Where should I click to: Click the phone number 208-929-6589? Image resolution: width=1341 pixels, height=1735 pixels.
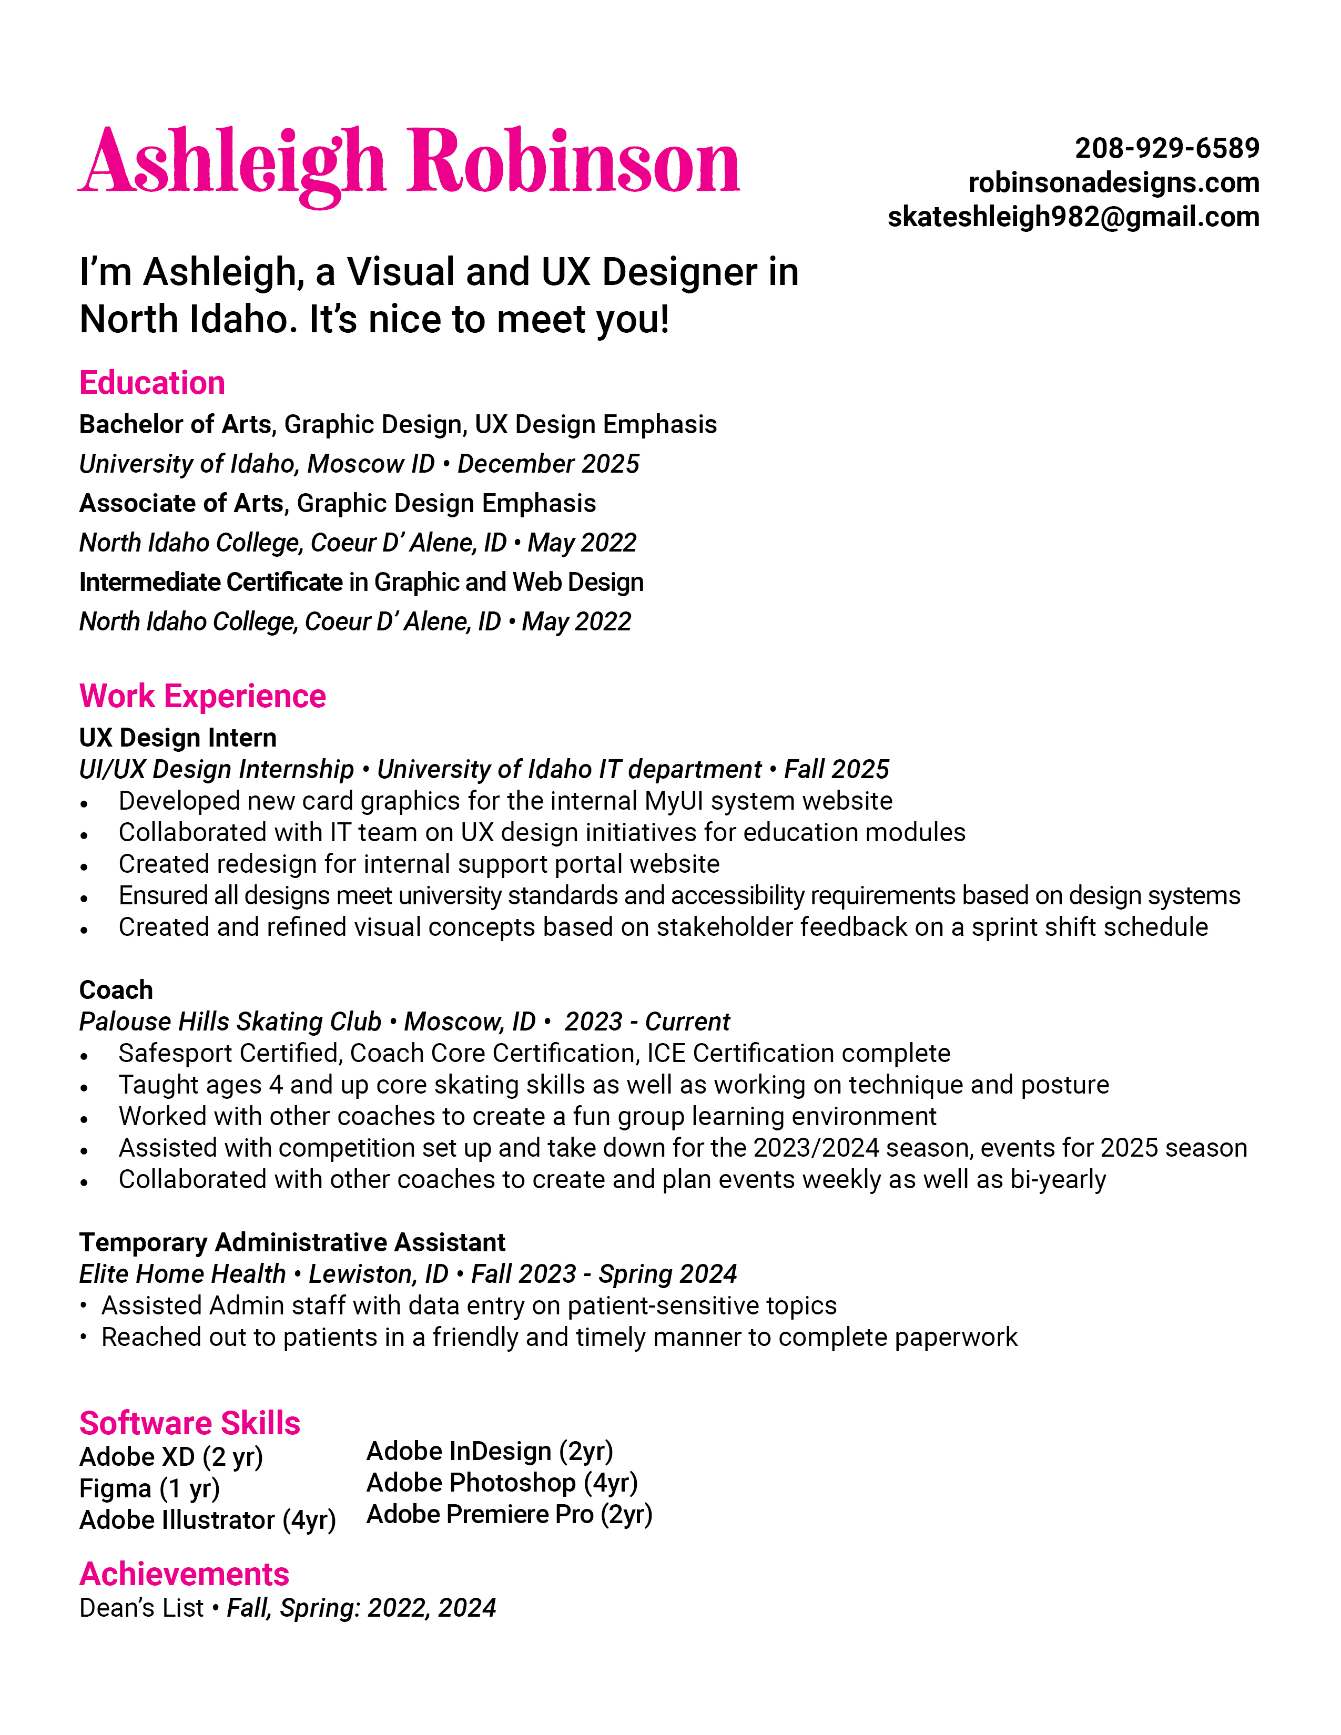click(1166, 149)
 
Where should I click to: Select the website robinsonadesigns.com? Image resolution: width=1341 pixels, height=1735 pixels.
click(1113, 183)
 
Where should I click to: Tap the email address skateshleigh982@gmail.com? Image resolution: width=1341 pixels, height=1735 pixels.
click(1072, 217)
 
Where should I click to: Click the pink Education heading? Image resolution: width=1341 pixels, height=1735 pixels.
click(152, 383)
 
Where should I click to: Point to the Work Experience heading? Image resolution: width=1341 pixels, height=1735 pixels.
click(202, 696)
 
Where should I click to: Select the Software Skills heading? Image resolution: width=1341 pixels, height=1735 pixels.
click(190, 1423)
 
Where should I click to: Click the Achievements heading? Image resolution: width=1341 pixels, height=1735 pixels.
click(184, 1574)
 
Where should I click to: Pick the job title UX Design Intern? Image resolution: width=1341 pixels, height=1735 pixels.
click(178, 738)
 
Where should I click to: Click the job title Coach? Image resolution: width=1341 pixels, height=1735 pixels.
click(116, 990)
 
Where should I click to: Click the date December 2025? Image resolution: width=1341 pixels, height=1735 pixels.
click(548, 464)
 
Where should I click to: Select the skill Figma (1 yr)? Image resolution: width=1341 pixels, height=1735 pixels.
click(149, 1488)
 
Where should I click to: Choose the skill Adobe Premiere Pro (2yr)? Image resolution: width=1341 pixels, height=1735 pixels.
click(509, 1514)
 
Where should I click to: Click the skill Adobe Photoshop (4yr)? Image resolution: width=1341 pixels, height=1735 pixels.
click(502, 1483)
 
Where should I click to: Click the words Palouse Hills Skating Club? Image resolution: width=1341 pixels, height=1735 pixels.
click(230, 1022)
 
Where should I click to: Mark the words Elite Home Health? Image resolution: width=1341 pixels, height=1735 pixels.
click(182, 1274)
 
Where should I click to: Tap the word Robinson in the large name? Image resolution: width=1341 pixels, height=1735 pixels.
click(574, 163)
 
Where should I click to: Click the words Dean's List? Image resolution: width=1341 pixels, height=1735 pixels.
click(141, 1608)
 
